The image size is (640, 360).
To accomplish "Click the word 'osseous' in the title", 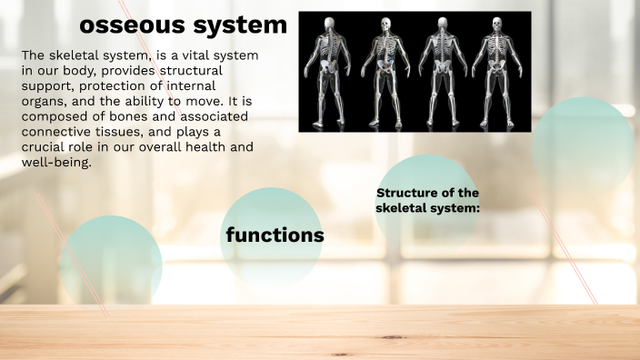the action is tap(131, 25).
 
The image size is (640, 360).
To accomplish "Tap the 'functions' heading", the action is tap(275, 235).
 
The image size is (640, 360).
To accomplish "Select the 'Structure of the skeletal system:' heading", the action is tap(427, 200).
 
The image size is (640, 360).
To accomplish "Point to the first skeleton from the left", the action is tap(328, 71).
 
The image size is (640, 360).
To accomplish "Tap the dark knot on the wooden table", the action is tap(342, 354).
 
